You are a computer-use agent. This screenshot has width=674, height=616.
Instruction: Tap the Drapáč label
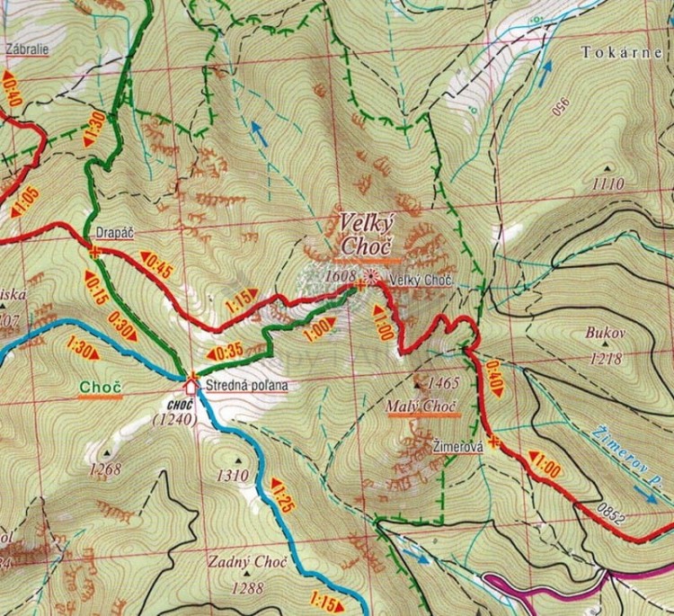113,233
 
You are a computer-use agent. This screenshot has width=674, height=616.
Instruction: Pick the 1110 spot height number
608,184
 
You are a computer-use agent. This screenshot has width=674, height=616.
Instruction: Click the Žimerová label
458,445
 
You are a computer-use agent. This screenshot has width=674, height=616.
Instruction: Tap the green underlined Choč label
100,388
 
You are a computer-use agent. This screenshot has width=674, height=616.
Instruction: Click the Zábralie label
26,50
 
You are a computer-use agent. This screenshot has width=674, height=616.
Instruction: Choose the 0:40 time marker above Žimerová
493,370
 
